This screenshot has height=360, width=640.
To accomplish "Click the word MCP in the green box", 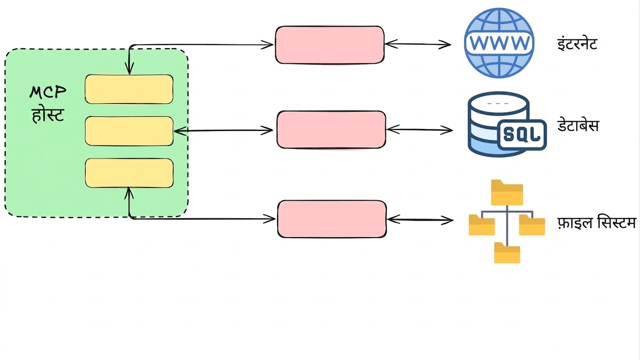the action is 48,92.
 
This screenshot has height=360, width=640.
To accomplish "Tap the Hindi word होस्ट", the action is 48,115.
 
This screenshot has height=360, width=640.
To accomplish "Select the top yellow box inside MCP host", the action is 129,89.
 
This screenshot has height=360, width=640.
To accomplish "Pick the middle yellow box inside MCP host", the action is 129,131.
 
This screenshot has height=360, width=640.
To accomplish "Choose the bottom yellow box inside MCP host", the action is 129,173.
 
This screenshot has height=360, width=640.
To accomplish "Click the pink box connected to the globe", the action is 330,45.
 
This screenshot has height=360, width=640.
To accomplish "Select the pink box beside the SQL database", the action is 331,130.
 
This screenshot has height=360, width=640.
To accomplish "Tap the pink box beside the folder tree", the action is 332,219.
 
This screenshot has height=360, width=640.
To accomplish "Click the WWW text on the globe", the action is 499,43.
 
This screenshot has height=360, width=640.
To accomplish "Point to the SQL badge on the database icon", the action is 522,135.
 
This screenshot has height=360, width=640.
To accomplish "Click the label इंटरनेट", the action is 577,44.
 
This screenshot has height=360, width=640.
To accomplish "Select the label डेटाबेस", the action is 578,126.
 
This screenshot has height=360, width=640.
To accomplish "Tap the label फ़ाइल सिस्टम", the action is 596,223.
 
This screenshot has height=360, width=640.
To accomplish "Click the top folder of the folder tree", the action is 507,193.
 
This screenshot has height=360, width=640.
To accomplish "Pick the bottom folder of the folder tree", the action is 507,253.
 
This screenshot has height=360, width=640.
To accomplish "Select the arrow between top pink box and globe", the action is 418,44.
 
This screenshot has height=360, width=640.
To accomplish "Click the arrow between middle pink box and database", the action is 420,130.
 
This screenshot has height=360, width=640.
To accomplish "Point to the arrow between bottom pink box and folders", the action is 420,220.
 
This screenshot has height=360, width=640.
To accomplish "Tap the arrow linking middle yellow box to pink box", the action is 223,131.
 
